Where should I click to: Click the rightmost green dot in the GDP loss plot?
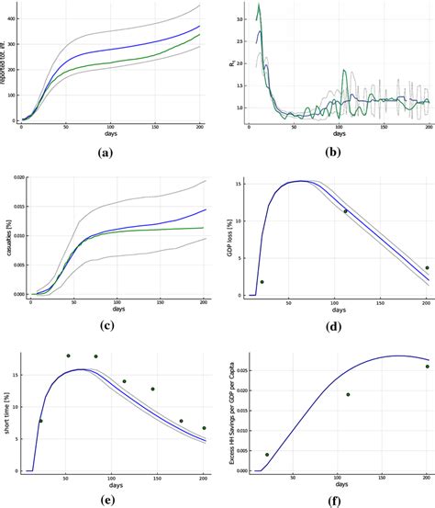pos(427,268)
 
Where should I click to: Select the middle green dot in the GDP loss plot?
pos(345,211)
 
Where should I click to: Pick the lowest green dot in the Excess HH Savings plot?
pos(267,455)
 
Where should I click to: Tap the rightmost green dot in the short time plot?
pos(204,428)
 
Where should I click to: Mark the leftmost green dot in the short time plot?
pos(39,421)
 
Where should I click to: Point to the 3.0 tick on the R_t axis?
pos(240,18)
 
